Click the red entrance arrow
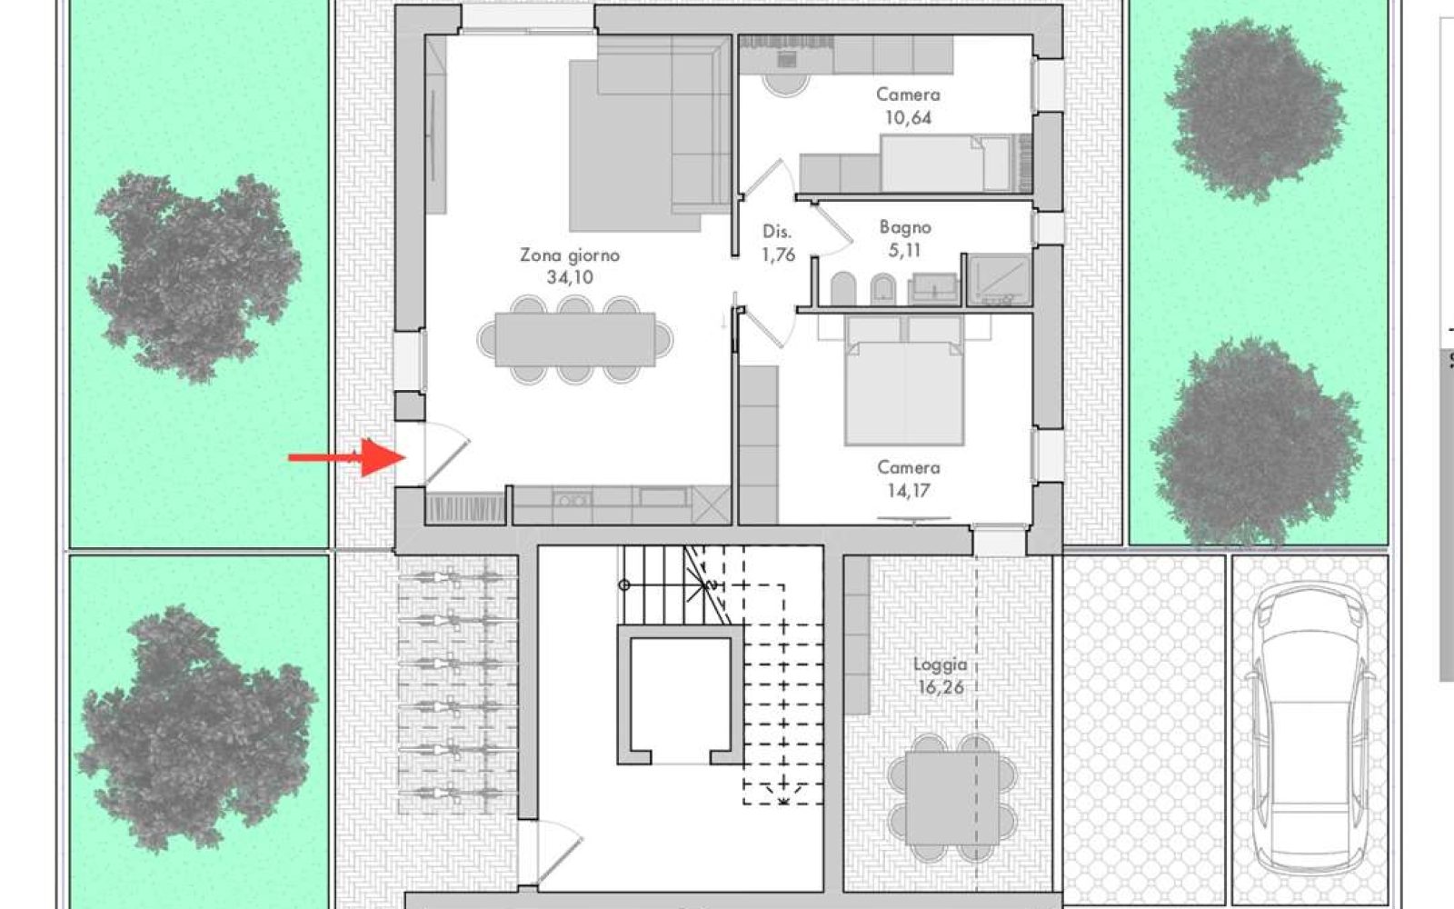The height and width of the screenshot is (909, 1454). tap(347, 457)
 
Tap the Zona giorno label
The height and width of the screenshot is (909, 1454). tap(570, 255)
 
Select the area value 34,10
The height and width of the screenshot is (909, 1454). tap(570, 278)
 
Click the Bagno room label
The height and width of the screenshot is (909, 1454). tap(905, 228)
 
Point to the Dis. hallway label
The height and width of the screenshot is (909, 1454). tap(776, 232)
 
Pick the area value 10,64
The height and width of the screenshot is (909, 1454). tap(908, 118)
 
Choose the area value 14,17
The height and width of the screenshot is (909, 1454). tap(908, 491)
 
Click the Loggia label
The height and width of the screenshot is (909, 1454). tap(940, 664)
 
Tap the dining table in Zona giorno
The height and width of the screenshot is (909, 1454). tap(575, 340)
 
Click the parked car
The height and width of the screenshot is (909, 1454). tap(1310, 732)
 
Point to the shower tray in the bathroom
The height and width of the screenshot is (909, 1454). tap(999, 280)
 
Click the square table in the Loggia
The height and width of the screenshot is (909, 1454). tap(952, 798)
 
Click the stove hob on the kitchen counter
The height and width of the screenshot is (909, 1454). tap(572, 500)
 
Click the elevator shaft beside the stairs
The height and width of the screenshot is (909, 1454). tap(681, 694)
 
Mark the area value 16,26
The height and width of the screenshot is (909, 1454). tap(941, 687)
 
